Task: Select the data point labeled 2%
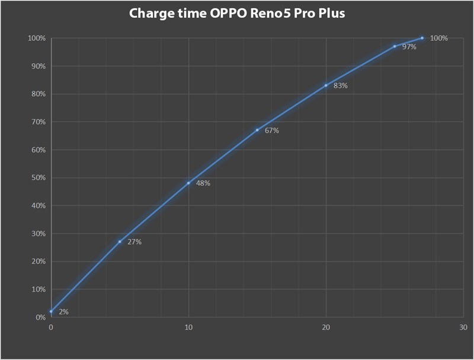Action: click(51, 311)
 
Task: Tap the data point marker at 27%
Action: click(120, 242)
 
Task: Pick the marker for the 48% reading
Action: click(188, 183)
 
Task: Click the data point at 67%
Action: click(257, 130)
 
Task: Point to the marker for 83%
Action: click(326, 85)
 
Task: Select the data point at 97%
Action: click(395, 46)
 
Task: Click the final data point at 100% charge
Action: click(422, 38)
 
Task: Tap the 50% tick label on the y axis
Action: click(39, 178)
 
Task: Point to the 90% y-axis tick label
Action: click(39, 66)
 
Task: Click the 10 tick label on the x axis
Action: click(188, 327)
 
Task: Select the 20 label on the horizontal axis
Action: click(326, 327)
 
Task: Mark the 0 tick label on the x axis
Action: click(51, 327)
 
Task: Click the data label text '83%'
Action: click(340, 86)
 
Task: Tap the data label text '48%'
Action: click(203, 184)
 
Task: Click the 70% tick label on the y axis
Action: click(39, 122)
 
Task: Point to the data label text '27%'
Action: click(134, 242)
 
